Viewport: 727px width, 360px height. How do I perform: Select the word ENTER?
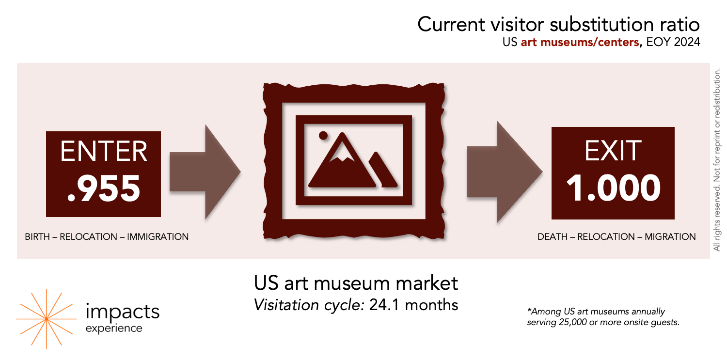coord(104,151)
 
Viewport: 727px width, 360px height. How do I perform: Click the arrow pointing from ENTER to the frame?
coord(205,172)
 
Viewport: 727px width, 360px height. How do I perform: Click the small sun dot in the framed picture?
coord(323,134)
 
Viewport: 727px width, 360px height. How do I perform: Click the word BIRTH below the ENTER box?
coord(37,237)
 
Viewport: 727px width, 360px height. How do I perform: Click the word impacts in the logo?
coord(122,312)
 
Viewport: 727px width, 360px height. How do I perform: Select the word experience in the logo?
coord(114,328)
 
